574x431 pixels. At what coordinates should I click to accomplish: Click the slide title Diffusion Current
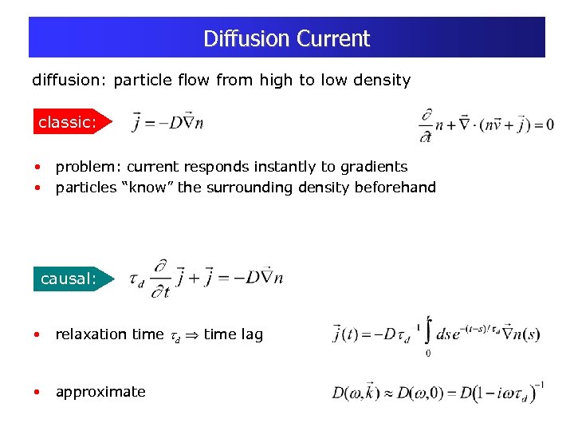click(286, 38)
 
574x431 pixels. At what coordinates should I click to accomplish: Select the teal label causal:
click(69, 279)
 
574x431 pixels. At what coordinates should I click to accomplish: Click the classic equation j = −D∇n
click(168, 122)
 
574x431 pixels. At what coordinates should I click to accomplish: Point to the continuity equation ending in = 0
click(486, 125)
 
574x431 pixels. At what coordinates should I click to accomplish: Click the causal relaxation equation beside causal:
click(206, 279)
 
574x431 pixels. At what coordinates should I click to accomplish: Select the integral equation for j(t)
click(437, 334)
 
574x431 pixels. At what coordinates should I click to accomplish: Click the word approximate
click(100, 392)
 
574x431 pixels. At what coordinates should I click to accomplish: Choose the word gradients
click(372, 167)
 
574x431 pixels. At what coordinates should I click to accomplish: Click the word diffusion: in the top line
click(69, 80)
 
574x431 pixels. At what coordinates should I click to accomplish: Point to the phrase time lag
click(233, 334)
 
